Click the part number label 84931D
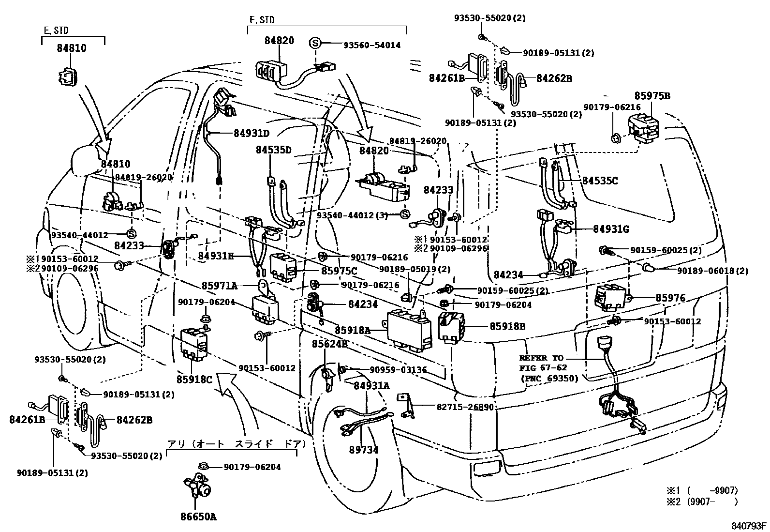(252, 133)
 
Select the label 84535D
(273, 150)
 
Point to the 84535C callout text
(600, 181)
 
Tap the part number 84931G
(611, 229)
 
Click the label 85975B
(652, 96)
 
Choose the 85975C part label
(339, 271)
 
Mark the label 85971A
(219, 286)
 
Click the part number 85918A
(353, 330)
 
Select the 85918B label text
(507, 326)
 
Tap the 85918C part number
(194, 379)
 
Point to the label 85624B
(330, 344)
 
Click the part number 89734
(364, 450)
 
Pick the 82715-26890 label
(465, 407)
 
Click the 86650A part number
(199, 517)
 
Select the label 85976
(670, 298)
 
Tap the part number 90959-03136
(398, 369)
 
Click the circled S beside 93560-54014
(315, 44)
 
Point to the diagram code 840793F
(749, 526)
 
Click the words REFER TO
(541, 358)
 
